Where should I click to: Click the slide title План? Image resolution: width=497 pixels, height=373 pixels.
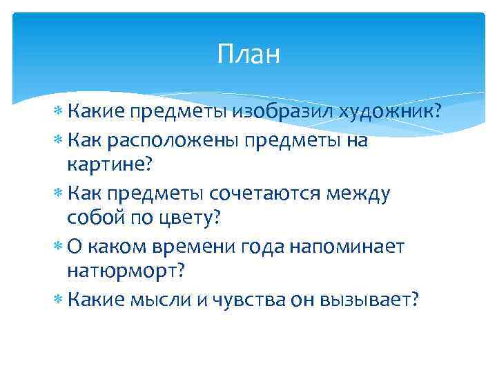point(248,54)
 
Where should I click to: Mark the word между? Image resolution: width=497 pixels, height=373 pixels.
point(358,194)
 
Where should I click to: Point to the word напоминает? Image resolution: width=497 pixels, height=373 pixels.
point(352,247)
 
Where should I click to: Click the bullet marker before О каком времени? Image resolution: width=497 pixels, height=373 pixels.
point(58,247)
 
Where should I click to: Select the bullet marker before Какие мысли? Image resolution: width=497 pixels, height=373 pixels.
point(58,299)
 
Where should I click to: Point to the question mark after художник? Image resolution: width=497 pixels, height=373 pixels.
point(437,112)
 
